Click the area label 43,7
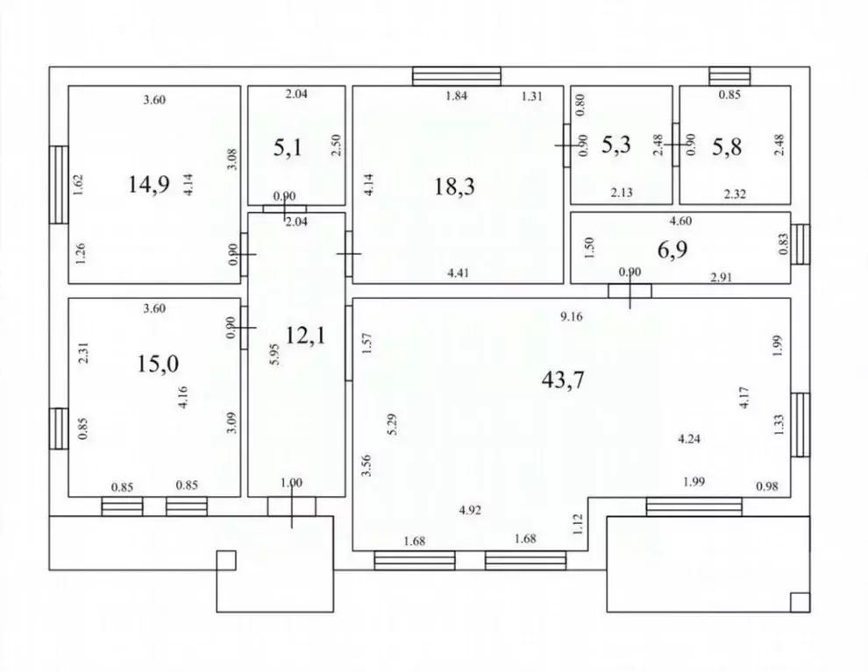click(x=562, y=380)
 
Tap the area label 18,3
click(x=454, y=187)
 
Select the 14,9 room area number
click(x=149, y=184)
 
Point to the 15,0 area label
click(x=158, y=364)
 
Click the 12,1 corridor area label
click(x=305, y=336)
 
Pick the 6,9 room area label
click(x=672, y=250)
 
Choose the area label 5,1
click(x=288, y=148)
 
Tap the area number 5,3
click(x=616, y=145)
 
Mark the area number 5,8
click(x=727, y=147)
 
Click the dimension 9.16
click(x=572, y=317)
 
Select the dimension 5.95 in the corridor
click(x=274, y=354)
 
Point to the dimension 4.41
click(x=459, y=272)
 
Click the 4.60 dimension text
click(x=680, y=222)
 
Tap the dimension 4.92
click(x=470, y=511)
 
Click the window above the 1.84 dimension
click(x=457, y=76)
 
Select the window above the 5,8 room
click(x=729, y=76)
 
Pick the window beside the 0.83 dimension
click(x=800, y=244)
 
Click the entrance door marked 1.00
click(x=292, y=506)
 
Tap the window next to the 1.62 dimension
click(x=59, y=185)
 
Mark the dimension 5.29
click(x=393, y=424)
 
